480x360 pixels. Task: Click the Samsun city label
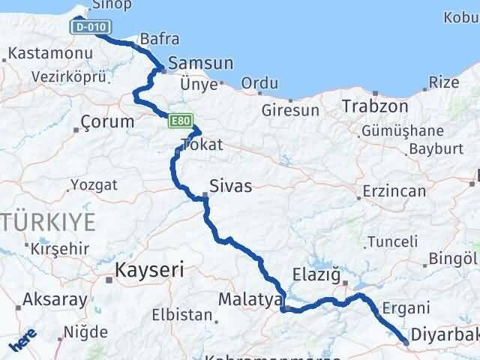(200, 64)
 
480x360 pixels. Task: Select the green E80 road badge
(181, 120)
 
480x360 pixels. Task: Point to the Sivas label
(230, 185)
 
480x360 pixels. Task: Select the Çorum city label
(107, 121)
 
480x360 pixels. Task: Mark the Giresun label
(290, 110)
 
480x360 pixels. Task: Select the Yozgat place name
(94, 184)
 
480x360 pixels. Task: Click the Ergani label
(405, 307)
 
